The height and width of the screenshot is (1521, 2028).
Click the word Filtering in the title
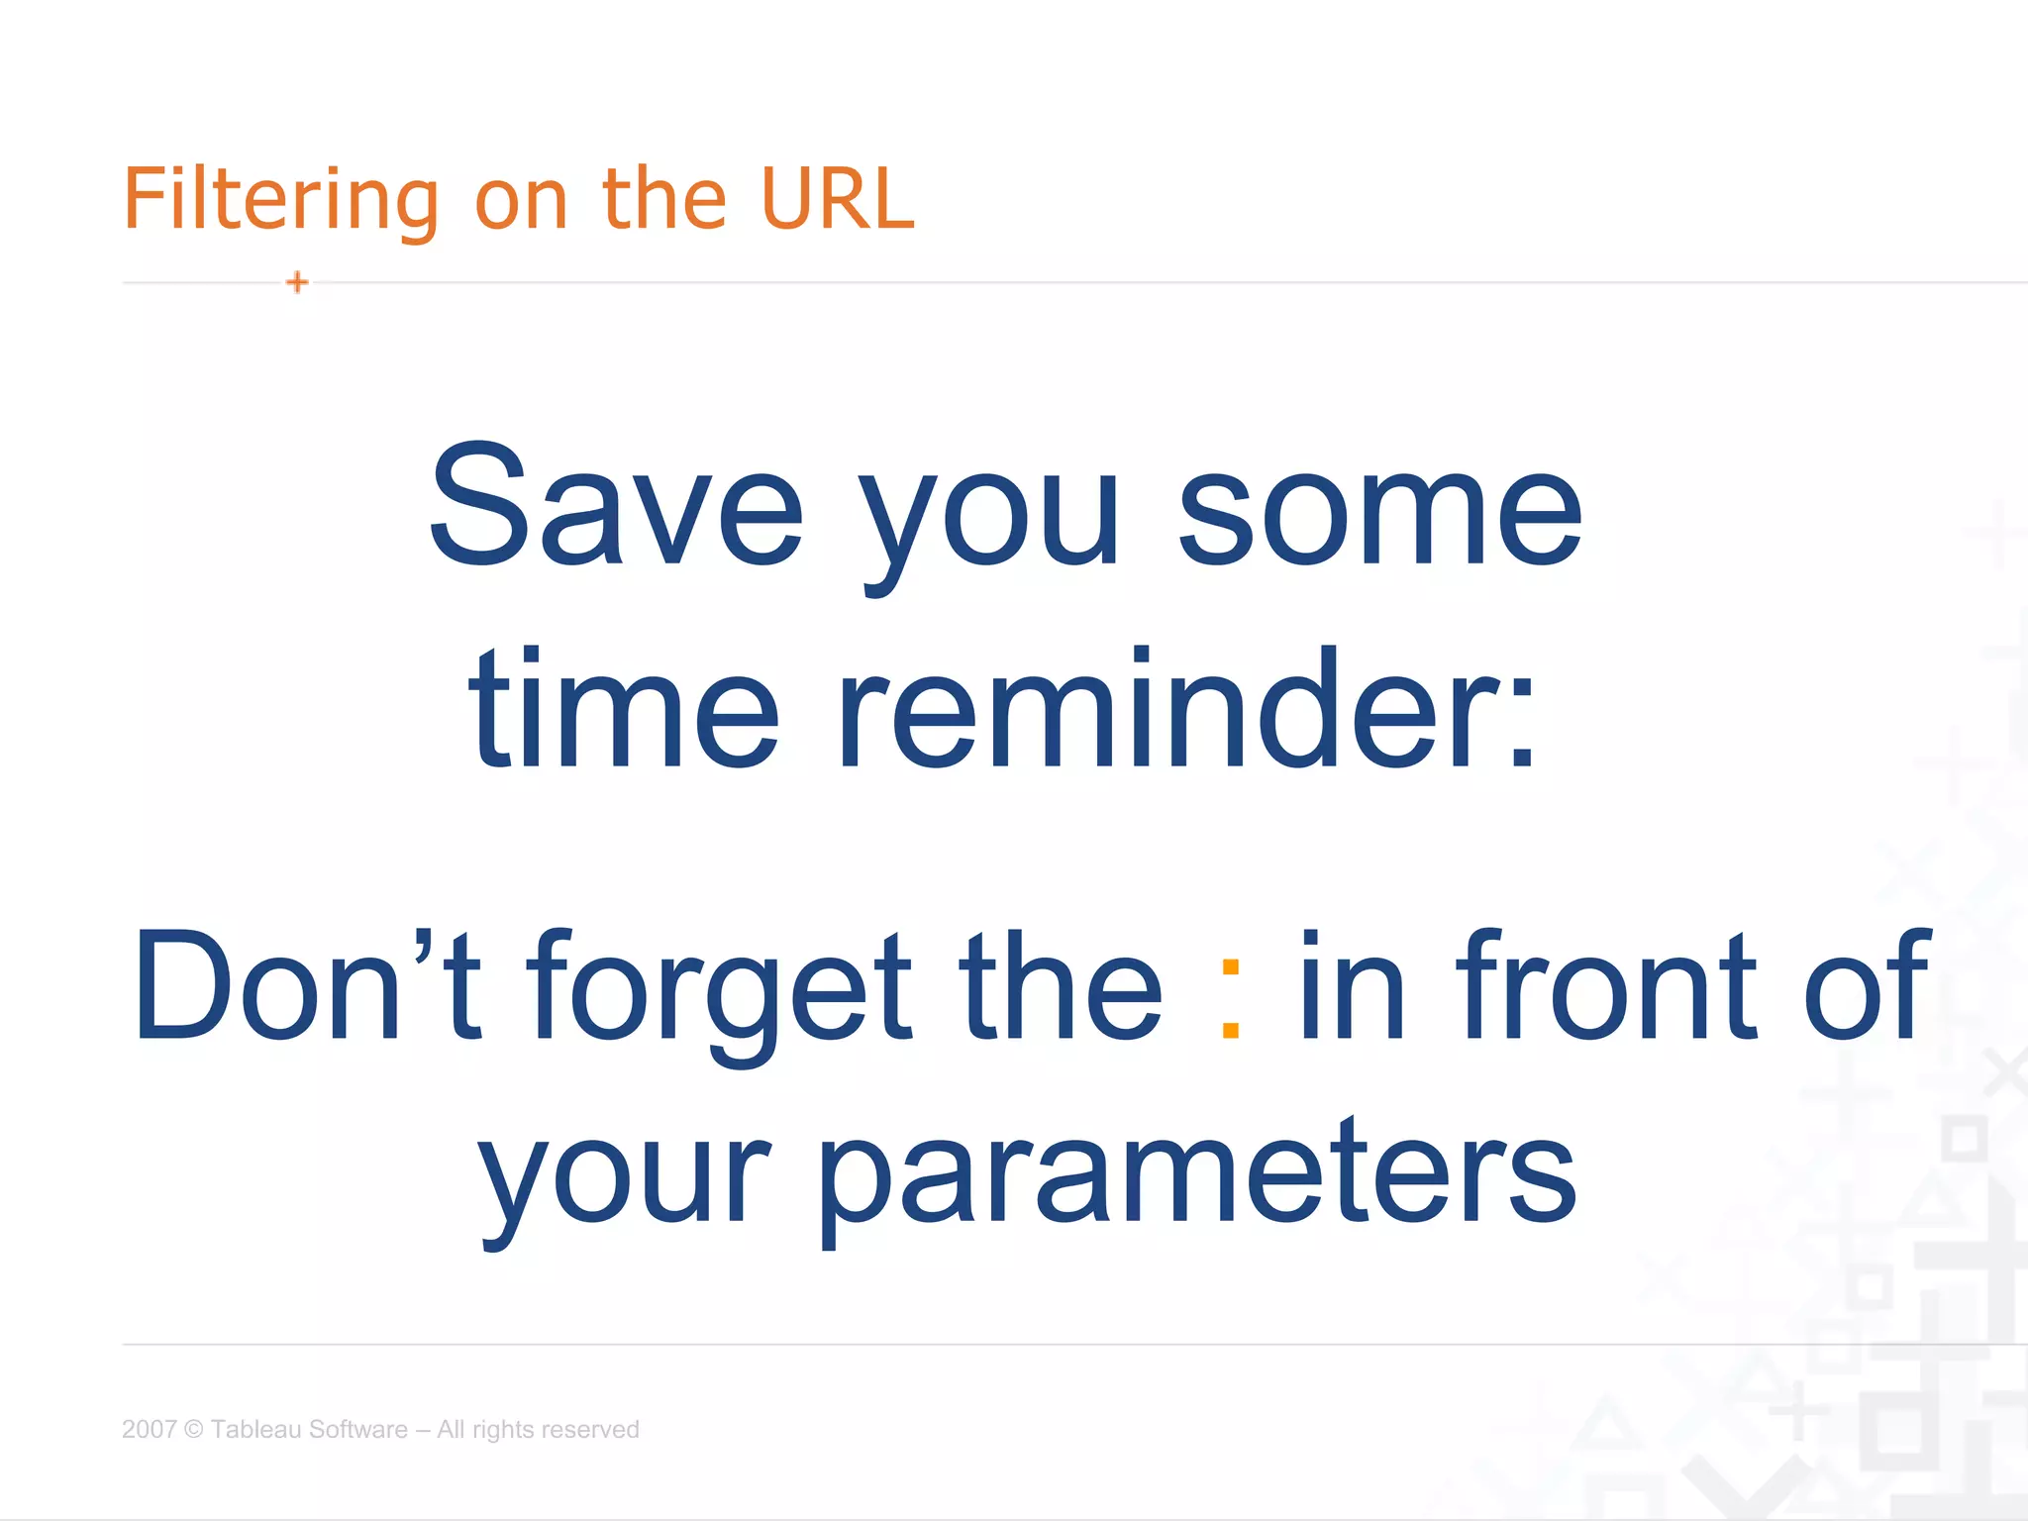pyautogui.click(x=280, y=200)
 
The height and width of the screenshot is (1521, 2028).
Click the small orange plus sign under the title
pyautogui.click(x=297, y=282)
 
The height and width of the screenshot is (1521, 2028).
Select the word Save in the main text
pyautogui.click(x=615, y=507)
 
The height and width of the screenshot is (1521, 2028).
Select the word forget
pyautogui.click(x=718, y=990)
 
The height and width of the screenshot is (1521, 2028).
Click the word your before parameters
pyautogui.click(x=624, y=1178)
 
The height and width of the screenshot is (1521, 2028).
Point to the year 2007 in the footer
pyautogui.click(x=149, y=1429)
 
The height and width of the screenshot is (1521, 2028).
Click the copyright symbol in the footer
pyautogui.click(x=194, y=1429)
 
